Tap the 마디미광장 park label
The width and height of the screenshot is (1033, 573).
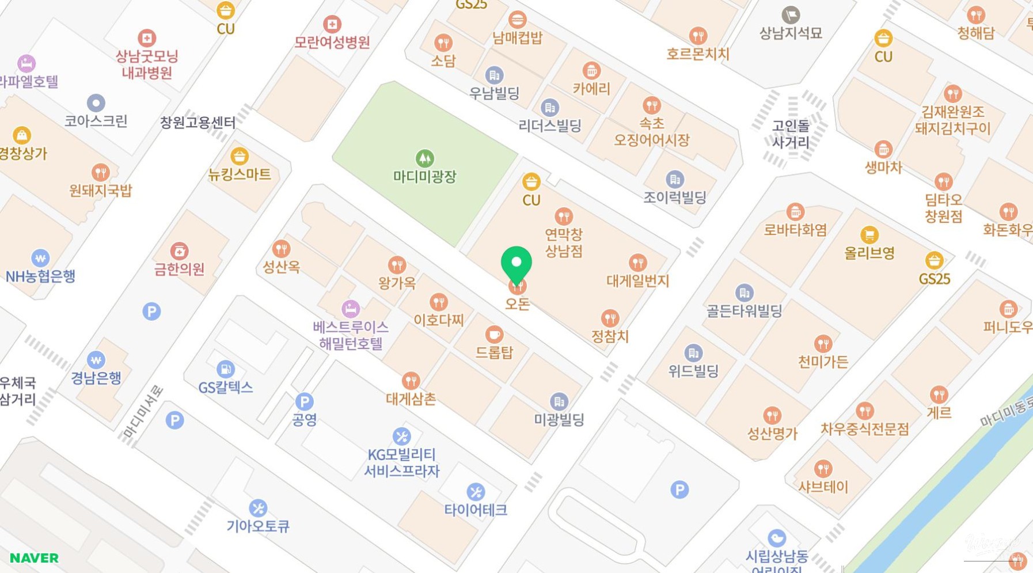click(424, 176)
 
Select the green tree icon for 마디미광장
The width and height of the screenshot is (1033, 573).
click(425, 158)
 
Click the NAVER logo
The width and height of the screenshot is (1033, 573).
click(34, 557)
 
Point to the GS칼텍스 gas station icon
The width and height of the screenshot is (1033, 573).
click(225, 369)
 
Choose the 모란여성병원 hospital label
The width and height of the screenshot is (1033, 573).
click(332, 42)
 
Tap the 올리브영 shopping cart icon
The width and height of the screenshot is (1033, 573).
click(869, 234)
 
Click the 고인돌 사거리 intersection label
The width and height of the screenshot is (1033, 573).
click(791, 134)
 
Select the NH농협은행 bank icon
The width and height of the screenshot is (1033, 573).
click(40, 257)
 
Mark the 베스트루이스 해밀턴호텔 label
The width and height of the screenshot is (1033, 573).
click(351, 335)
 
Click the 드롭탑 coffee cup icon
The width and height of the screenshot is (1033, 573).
click(494, 334)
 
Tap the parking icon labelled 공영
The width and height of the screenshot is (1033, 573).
click(304, 401)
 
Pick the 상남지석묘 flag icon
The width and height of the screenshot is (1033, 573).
click(791, 14)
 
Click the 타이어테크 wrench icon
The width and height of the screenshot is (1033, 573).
click(475, 492)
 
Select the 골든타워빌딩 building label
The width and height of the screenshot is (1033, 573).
click(744, 311)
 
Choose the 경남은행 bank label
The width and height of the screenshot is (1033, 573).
click(96, 378)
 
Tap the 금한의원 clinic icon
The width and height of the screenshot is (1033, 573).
click(179, 251)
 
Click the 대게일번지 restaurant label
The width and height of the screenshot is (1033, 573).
click(637, 281)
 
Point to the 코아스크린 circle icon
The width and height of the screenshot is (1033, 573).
click(96, 103)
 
